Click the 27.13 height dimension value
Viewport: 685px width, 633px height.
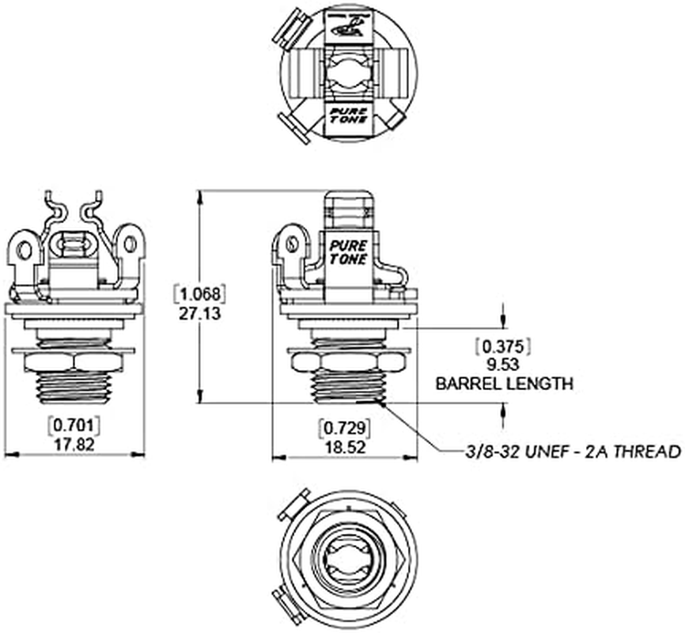coord(199,313)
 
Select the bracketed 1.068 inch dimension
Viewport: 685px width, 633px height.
coord(199,294)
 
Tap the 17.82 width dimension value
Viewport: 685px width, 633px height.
coord(75,445)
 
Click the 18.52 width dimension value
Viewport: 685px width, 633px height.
coord(344,445)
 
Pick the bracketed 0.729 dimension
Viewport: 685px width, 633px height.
coord(344,427)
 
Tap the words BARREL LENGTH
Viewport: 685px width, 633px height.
coord(504,384)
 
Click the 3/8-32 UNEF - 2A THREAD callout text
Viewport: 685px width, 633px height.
coord(573,452)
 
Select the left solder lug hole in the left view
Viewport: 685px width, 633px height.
coord(25,251)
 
